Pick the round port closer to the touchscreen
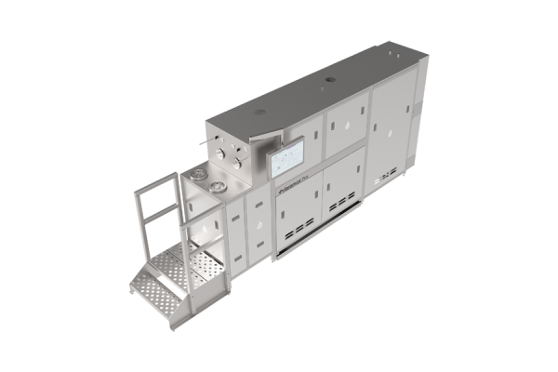pos(217,188)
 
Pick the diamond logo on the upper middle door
pos(335,126)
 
